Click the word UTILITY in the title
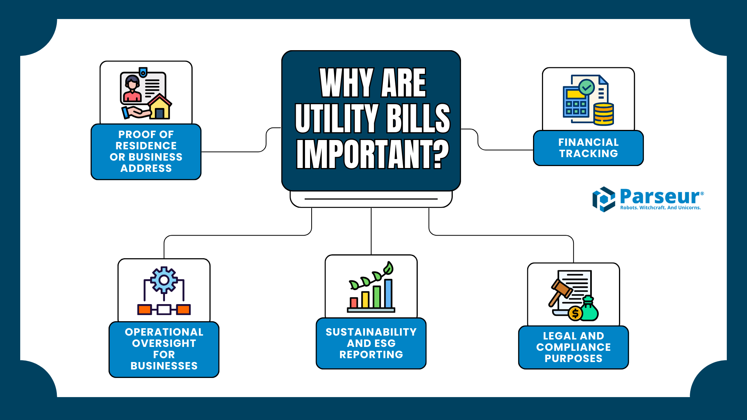(337, 118)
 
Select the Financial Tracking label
(588, 148)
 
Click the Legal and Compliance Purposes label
(573, 347)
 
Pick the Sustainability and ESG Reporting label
(371, 343)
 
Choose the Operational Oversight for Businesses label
(164, 349)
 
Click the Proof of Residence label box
(146, 152)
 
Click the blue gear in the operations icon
(164, 280)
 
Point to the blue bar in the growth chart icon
(388, 294)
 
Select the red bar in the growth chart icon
(354, 303)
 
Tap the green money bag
(589, 310)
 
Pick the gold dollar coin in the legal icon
(575, 313)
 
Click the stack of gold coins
(603, 114)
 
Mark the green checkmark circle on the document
(586, 87)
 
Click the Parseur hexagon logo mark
(603, 199)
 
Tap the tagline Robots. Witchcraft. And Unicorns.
(660, 208)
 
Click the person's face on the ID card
(132, 84)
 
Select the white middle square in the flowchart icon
(164, 310)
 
